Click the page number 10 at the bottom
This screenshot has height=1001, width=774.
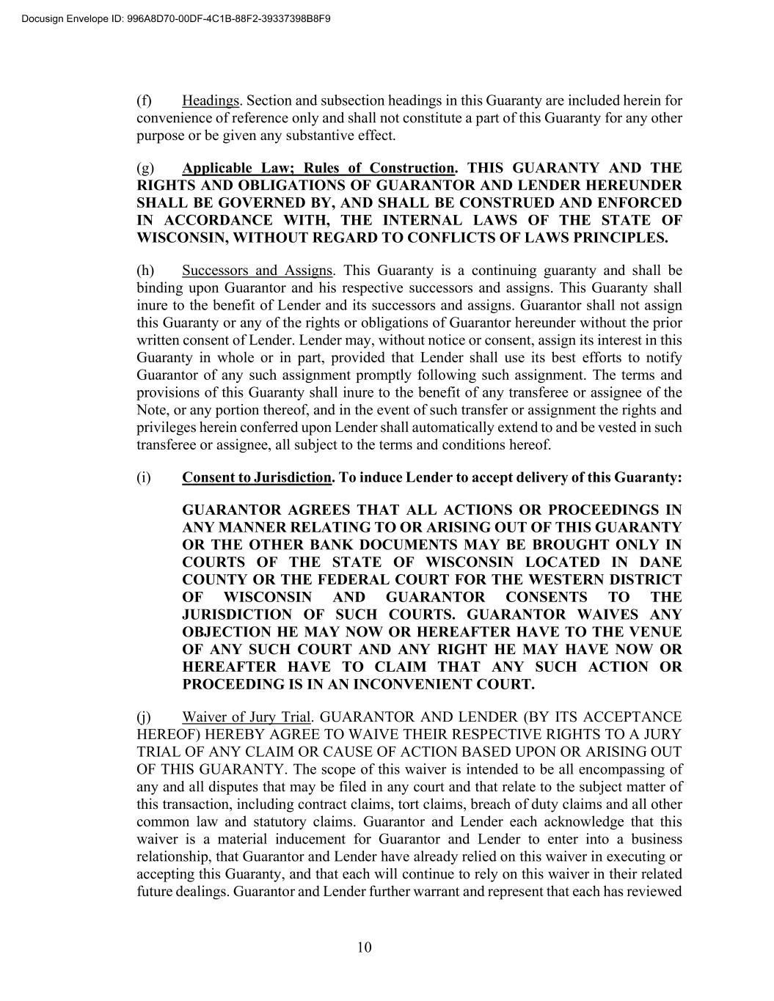[365, 947]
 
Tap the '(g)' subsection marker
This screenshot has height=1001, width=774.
[145, 168]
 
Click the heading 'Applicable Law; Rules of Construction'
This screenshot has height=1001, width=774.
[318, 168]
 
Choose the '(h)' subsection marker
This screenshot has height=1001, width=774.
[145, 271]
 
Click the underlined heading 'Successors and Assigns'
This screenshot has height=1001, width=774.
[257, 271]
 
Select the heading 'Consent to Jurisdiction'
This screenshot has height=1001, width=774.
[257, 477]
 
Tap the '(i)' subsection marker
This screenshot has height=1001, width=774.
[144, 477]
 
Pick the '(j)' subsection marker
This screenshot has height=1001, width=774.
[144, 716]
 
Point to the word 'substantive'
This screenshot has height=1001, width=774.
[327, 136]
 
